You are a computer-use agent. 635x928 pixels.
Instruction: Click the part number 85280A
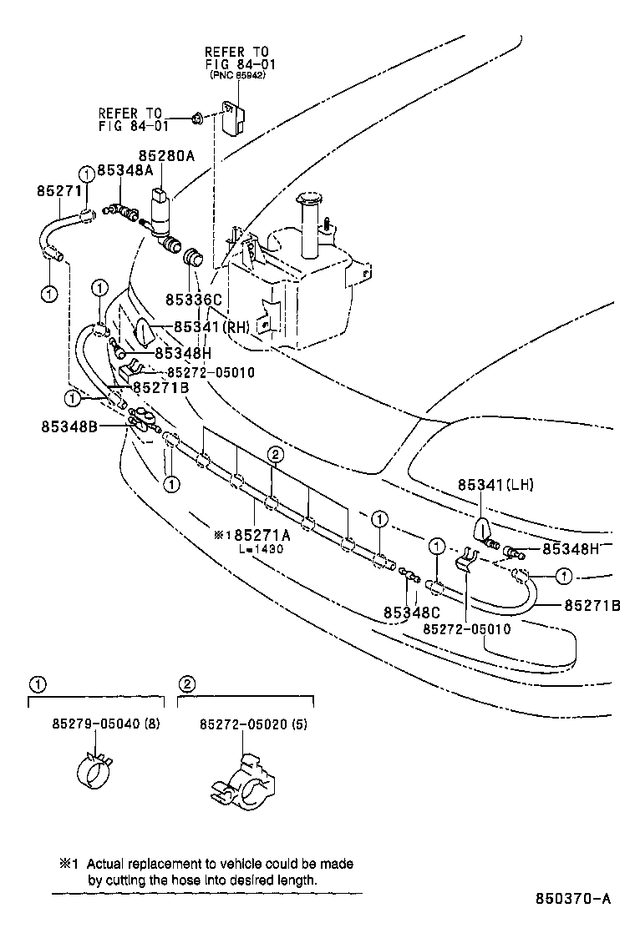coord(166,155)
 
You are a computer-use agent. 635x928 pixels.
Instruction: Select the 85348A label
coord(125,169)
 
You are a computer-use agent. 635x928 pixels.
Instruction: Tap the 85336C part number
coord(193,299)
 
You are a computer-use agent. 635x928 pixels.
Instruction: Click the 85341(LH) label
coord(495,485)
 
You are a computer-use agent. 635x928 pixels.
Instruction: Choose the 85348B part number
coord(69,426)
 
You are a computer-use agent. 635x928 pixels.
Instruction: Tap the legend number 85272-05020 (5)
coord(253,724)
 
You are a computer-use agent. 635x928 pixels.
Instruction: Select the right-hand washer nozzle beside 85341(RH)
coord(144,332)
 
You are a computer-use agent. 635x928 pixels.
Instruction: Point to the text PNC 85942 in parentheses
coord(239,74)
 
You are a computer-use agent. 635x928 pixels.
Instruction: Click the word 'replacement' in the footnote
coord(164,865)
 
